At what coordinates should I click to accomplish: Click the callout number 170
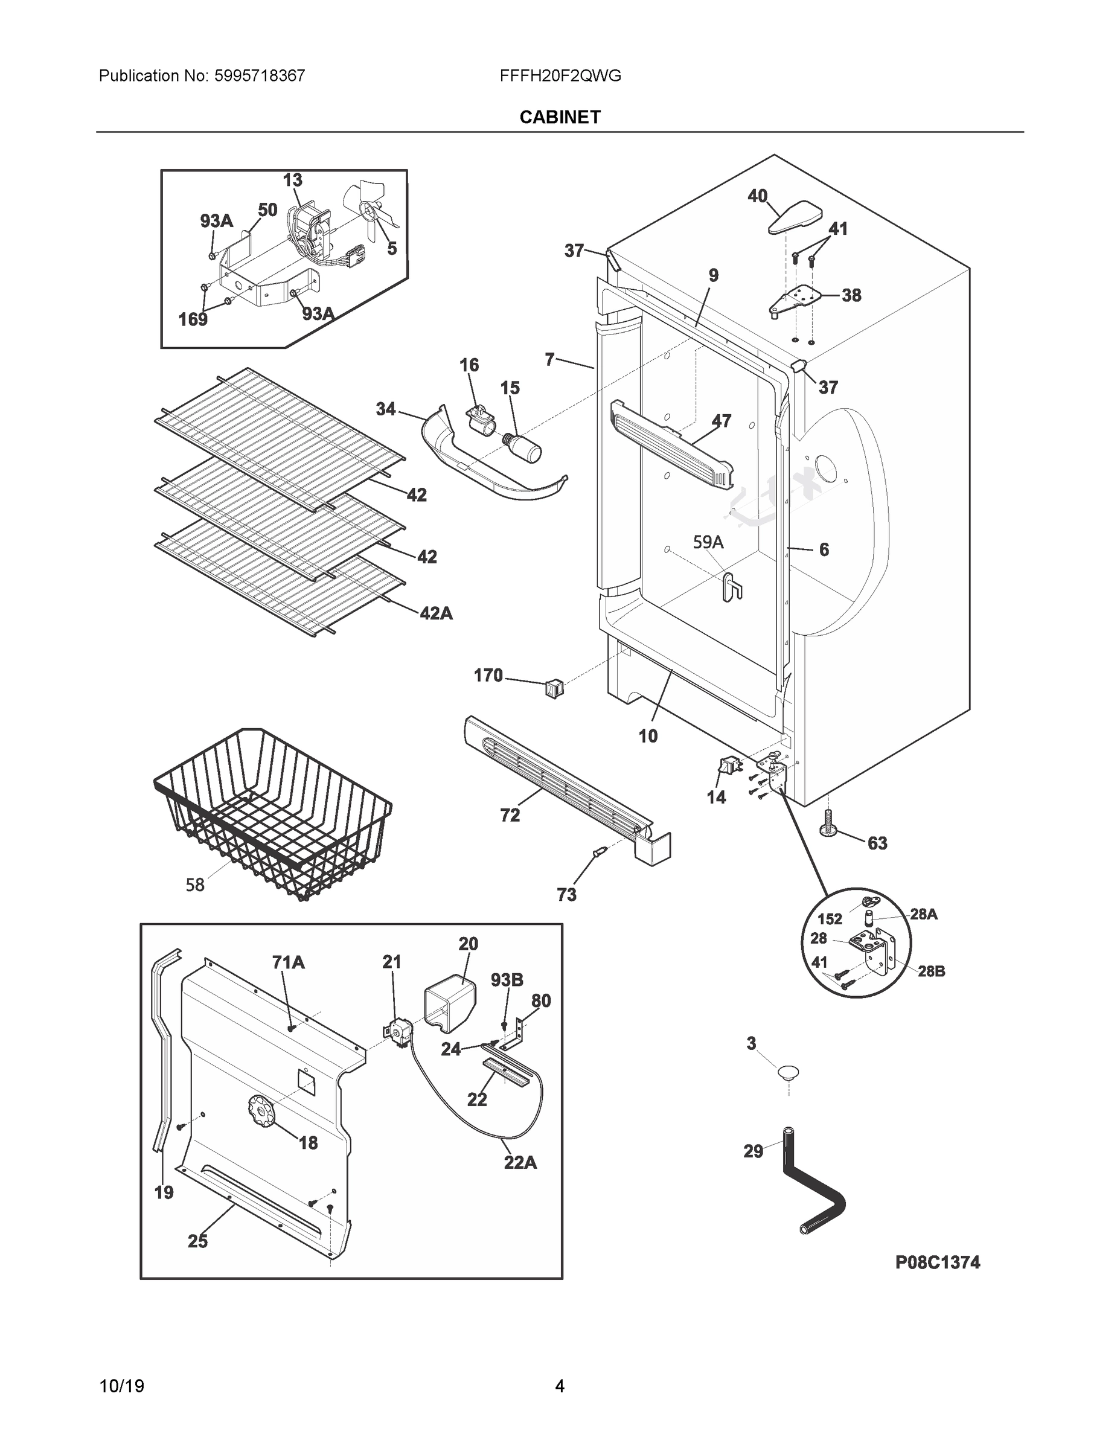488,676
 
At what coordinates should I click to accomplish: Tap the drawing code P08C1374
937,1262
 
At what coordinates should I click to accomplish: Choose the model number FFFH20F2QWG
560,75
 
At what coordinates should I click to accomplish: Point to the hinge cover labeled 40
795,217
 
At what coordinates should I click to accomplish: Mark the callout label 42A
436,613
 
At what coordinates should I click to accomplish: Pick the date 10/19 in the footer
121,1386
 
